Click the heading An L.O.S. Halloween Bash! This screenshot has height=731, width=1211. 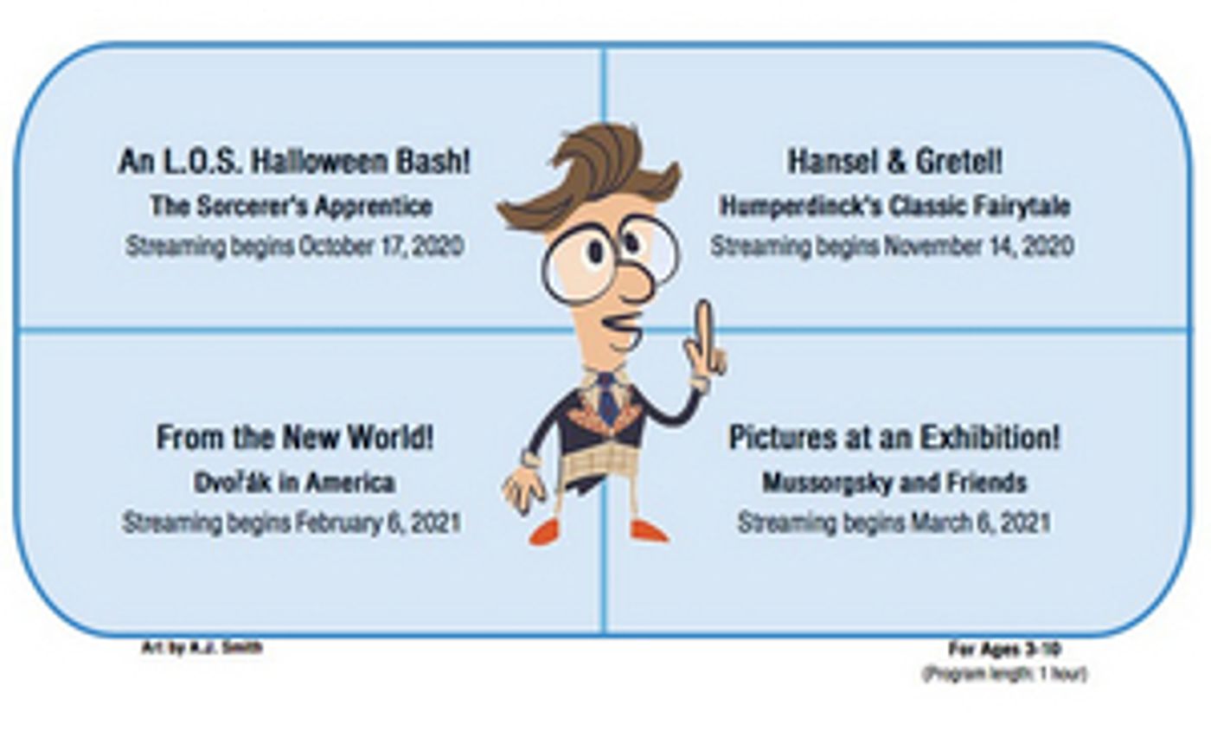(x=295, y=162)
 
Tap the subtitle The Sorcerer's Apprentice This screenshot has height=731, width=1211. (x=292, y=206)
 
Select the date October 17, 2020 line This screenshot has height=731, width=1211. (x=295, y=247)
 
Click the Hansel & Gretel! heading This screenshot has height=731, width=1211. (x=894, y=162)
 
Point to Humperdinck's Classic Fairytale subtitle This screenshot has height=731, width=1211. (x=894, y=206)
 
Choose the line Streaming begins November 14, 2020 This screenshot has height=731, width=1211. (x=892, y=247)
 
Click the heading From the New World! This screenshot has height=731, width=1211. (x=295, y=438)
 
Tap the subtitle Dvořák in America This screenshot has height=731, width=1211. (x=295, y=483)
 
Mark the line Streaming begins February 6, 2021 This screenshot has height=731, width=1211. (x=292, y=523)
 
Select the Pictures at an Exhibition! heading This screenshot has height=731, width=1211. (x=894, y=438)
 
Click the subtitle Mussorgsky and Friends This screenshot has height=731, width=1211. (x=894, y=483)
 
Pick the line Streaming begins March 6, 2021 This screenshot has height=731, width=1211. (x=894, y=523)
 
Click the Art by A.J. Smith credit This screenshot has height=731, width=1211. (x=202, y=648)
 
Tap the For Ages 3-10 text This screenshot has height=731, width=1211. (x=1005, y=649)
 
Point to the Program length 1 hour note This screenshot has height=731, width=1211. (x=1004, y=674)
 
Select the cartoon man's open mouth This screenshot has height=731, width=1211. (x=622, y=330)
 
